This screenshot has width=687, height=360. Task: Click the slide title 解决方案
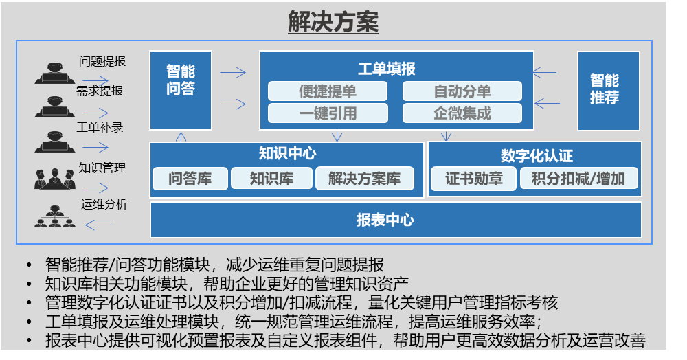pyautogui.click(x=333, y=21)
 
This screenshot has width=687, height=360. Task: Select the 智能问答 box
pyautogui.click(x=181, y=90)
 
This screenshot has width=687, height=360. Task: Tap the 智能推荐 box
pyautogui.click(x=609, y=91)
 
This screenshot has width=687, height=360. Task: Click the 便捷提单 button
pyautogui.click(x=328, y=91)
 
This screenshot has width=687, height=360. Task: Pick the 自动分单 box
pyautogui.click(x=462, y=91)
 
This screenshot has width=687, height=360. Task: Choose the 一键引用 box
pyautogui.click(x=328, y=113)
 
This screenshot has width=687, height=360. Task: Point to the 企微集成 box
pyautogui.click(x=462, y=113)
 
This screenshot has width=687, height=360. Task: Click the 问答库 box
pyautogui.click(x=190, y=178)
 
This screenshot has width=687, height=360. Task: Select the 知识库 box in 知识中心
pyautogui.click(x=271, y=178)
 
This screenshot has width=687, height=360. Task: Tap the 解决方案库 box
pyautogui.click(x=365, y=178)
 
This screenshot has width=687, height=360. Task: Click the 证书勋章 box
pyautogui.click(x=473, y=179)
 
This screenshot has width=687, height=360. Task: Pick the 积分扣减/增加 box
pyautogui.click(x=578, y=179)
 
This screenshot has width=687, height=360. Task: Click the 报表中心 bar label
pyautogui.click(x=385, y=220)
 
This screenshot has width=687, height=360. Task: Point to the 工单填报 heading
pyautogui.click(x=387, y=68)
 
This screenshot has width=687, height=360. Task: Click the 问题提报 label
pyautogui.click(x=102, y=61)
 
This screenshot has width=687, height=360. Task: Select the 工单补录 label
pyautogui.click(x=100, y=128)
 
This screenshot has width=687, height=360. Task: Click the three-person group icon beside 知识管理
pyautogui.click(x=55, y=179)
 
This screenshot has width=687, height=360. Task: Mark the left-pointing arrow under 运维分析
pyautogui.click(x=98, y=225)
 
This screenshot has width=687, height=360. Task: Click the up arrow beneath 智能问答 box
pyautogui.click(x=181, y=137)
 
